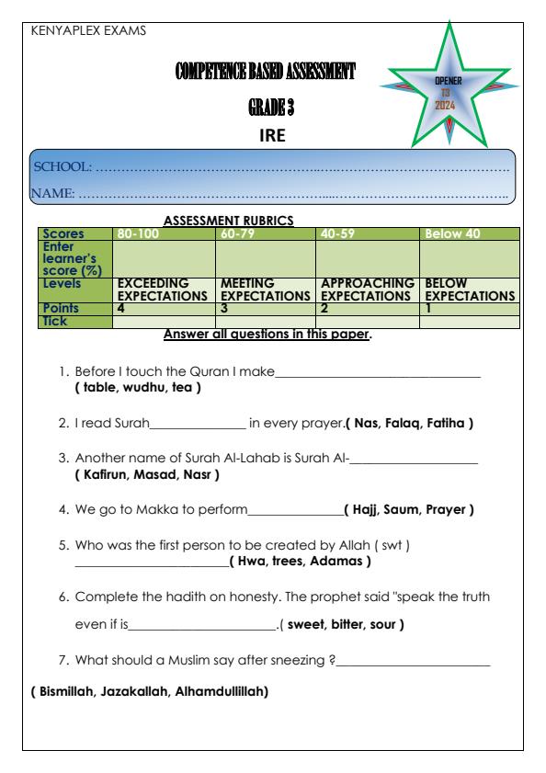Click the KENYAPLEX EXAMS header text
click(88, 29)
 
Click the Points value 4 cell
click(120, 310)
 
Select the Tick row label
click(58, 321)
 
